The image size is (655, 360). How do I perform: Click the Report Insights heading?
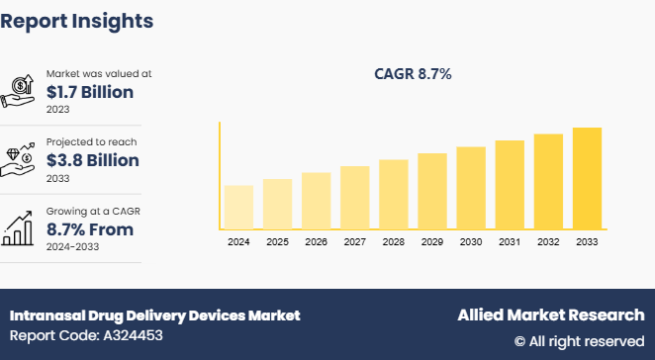coord(76,20)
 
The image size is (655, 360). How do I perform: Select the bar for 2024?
coord(238,207)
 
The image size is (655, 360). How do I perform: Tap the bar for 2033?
coord(587,178)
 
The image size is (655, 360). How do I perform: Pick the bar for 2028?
coord(394,194)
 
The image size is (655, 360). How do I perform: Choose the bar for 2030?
coord(471,188)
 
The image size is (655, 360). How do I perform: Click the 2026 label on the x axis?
coord(316,242)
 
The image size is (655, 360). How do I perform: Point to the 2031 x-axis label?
coord(510,242)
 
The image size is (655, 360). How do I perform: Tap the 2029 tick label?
coord(432,242)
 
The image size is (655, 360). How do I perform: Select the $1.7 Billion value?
coord(91,92)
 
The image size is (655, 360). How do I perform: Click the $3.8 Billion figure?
coord(93,160)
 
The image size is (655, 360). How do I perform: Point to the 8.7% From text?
coord(90,228)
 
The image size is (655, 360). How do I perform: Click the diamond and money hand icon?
coord(22,158)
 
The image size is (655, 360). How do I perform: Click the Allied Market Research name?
coord(550,315)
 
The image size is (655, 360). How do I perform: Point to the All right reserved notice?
coord(579,341)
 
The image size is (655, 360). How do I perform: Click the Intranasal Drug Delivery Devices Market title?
coord(154,315)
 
